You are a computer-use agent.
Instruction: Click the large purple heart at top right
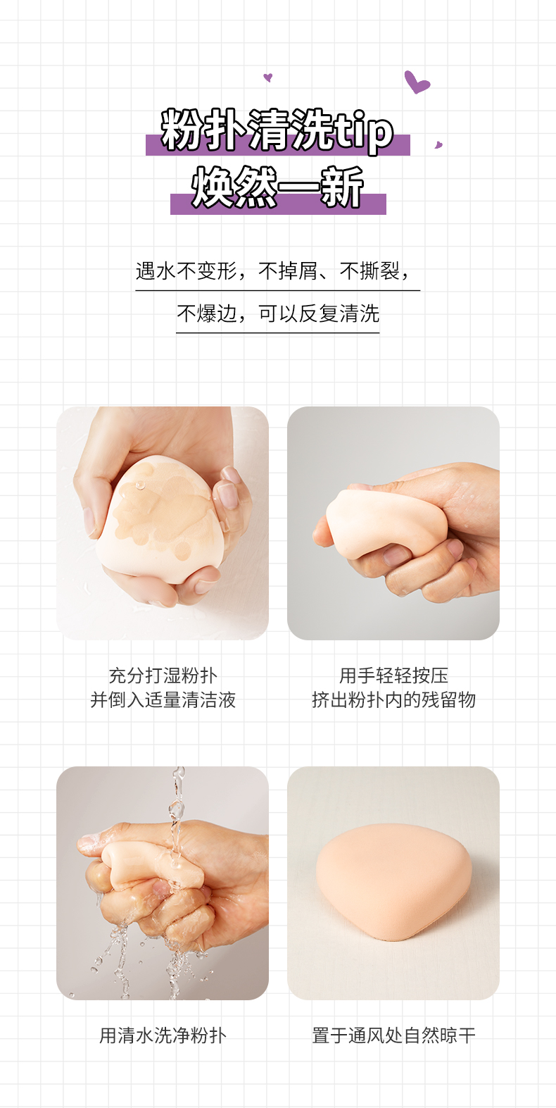(416, 82)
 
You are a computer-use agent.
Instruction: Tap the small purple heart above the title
(268, 77)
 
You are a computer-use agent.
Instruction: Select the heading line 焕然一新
(278, 187)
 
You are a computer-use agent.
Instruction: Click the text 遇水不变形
(186, 271)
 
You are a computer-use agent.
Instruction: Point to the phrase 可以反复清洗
(319, 313)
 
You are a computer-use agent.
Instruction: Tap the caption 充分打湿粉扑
(163, 676)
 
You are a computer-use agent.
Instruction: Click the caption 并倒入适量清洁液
(163, 700)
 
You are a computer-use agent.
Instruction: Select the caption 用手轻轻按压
(393, 676)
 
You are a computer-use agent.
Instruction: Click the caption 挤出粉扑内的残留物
(393, 700)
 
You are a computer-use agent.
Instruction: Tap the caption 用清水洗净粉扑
(163, 1035)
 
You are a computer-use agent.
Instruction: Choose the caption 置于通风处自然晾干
(393, 1035)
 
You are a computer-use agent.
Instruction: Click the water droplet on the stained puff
(141, 484)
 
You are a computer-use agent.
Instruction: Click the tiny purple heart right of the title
(438, 145)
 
